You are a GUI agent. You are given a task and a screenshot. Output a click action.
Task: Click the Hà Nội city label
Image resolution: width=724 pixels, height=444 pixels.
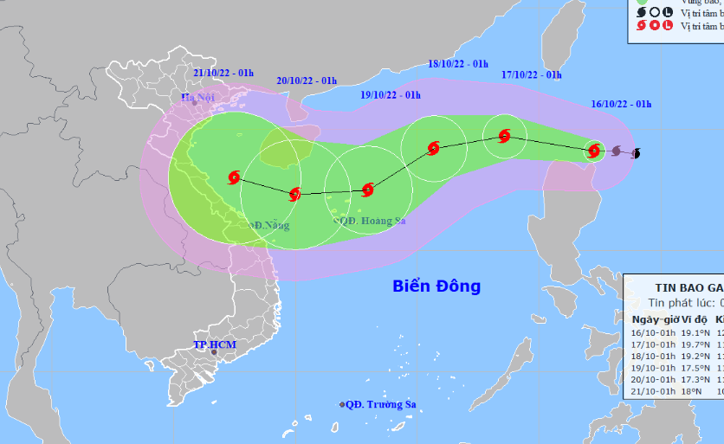[197, 97]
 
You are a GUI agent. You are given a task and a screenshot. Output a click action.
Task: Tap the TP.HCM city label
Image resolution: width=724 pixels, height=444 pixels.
[214, 344]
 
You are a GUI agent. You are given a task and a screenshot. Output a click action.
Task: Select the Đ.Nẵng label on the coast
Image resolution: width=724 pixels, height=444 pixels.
[269, 225]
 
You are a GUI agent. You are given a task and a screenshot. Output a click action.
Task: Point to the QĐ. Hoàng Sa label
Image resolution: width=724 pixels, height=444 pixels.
[370, 221]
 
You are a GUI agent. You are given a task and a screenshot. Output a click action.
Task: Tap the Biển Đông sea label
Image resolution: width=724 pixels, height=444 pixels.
[436, 286]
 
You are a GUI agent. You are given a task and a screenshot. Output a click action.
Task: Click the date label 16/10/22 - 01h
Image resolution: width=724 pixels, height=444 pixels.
[622, 104]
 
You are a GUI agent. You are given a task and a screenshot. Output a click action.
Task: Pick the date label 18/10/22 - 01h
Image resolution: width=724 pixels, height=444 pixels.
[458, 63]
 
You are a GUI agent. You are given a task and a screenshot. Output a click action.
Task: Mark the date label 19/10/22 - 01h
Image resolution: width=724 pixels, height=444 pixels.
[391, 94]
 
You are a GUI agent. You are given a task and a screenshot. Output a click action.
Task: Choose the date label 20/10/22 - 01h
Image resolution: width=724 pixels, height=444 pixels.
[307, 80]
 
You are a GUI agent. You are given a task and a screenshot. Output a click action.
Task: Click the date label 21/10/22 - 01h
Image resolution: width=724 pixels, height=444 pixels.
[223, 73]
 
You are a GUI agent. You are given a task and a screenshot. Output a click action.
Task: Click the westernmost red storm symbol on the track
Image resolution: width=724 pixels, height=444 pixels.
[233, 177]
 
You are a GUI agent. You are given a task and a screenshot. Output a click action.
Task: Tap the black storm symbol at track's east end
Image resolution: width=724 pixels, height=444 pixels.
[637, 154]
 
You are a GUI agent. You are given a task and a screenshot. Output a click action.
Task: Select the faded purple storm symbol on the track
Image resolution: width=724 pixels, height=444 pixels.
[616, 151]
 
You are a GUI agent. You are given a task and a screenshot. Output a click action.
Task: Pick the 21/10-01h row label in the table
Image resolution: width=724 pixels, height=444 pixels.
[654, 390]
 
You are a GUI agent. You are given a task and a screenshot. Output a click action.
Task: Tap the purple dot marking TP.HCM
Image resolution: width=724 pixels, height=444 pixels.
[214, 353]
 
